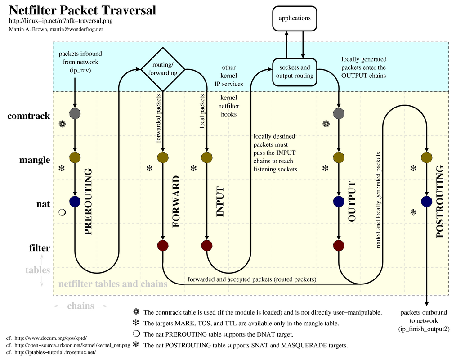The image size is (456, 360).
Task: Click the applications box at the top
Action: tap(295, 18)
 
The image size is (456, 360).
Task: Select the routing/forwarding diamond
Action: tap(162, 69)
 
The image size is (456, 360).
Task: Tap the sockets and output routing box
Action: tap(295, 72)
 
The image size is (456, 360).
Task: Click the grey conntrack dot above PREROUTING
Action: tap(75, 113)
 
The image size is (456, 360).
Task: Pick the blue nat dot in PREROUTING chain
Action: tap(75, 201)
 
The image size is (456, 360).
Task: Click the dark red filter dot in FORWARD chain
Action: tap(163, 245)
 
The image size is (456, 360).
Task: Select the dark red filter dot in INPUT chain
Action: tap(206, 245)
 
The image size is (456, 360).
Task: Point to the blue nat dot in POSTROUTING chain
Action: tap(426, 201)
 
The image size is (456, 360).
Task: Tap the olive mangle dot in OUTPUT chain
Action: tap(339, 157)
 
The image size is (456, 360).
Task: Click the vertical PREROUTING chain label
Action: tap(88, 202)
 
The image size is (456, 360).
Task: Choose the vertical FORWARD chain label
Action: tap(176, 202)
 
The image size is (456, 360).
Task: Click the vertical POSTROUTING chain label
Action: tap(440, 202)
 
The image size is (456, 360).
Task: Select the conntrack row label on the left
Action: tap(28, 116)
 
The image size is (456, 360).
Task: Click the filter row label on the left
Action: tap(40, 248)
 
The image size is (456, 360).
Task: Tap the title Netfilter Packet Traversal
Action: tap(83, 10)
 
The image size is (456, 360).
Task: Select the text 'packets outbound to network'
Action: tap(424, 316)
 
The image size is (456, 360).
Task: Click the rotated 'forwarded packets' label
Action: tap(158, 118)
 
